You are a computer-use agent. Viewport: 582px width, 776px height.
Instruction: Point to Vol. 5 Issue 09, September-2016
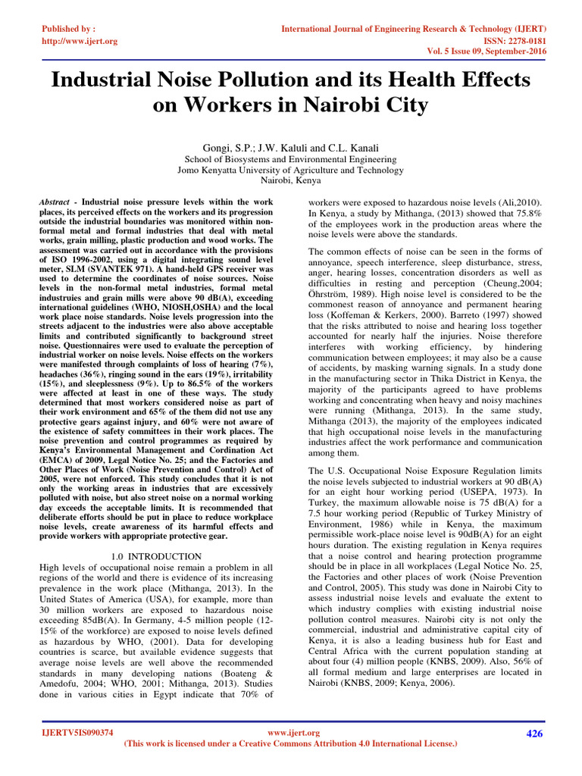[483, 53]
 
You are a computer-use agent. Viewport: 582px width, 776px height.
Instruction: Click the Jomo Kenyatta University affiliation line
[291, 171]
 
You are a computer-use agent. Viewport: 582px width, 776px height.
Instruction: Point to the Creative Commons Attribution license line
[290, 744]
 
